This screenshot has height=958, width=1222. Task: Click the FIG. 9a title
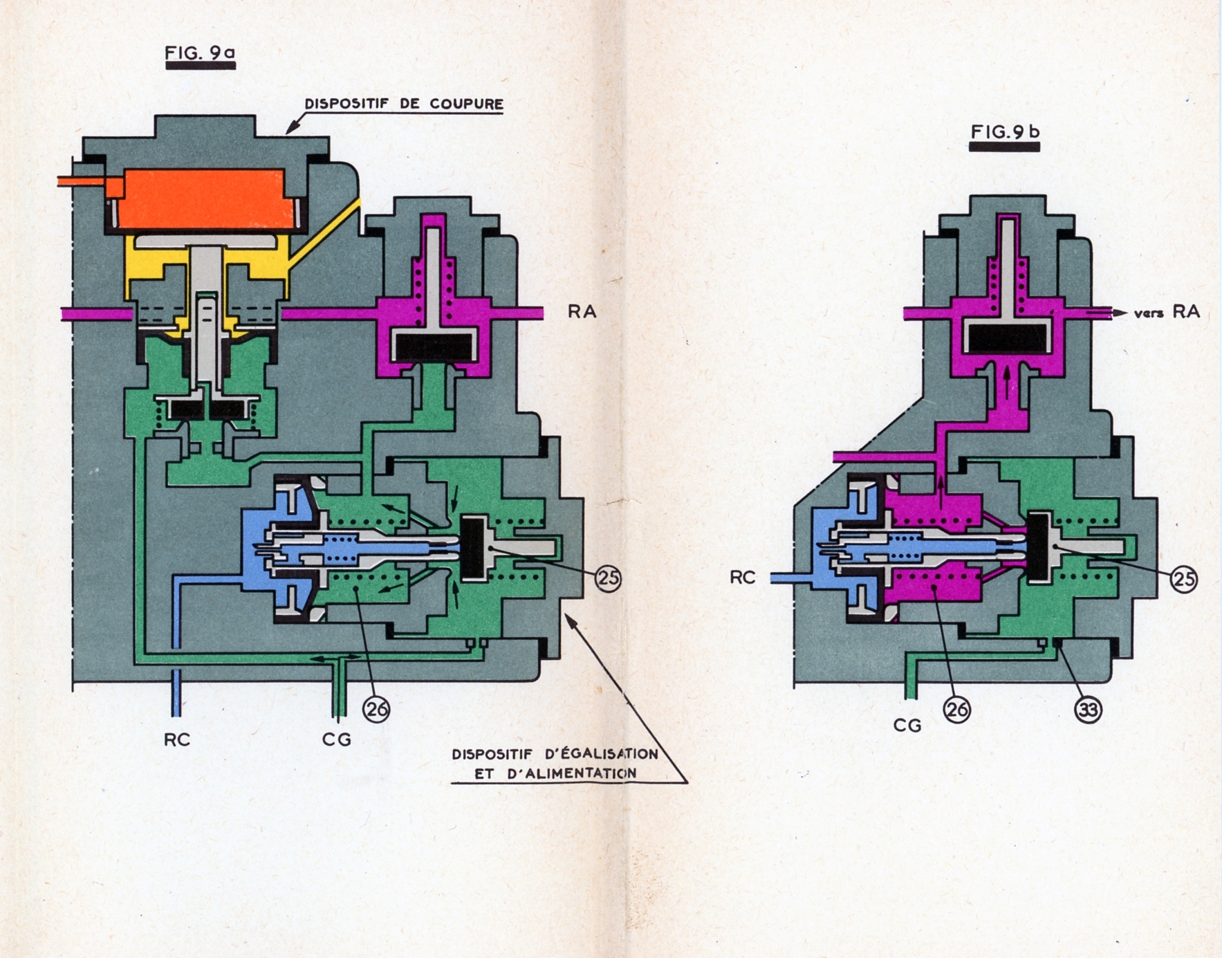[200, 52]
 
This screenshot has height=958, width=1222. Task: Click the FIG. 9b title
[1005, 131]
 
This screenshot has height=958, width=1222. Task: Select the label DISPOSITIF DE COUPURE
[404, 104]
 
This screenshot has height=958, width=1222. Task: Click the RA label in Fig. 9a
[582, 312]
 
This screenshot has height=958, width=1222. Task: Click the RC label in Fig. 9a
[176, 739]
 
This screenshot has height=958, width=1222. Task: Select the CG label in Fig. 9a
[337, 739]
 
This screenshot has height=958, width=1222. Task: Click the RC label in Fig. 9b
[743, 577]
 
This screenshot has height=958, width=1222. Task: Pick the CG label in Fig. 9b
[907, 725]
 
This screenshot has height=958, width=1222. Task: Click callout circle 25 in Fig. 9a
[608, 578]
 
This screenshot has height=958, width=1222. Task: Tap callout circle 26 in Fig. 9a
[376, 709]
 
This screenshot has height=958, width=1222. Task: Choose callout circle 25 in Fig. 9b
[1184, 578]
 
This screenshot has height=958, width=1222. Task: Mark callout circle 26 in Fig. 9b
[957, 709]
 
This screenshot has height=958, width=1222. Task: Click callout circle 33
[1088, 709]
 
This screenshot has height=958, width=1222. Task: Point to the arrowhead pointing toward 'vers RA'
[1119, 313]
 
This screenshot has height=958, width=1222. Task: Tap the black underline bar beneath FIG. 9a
[200, 66]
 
